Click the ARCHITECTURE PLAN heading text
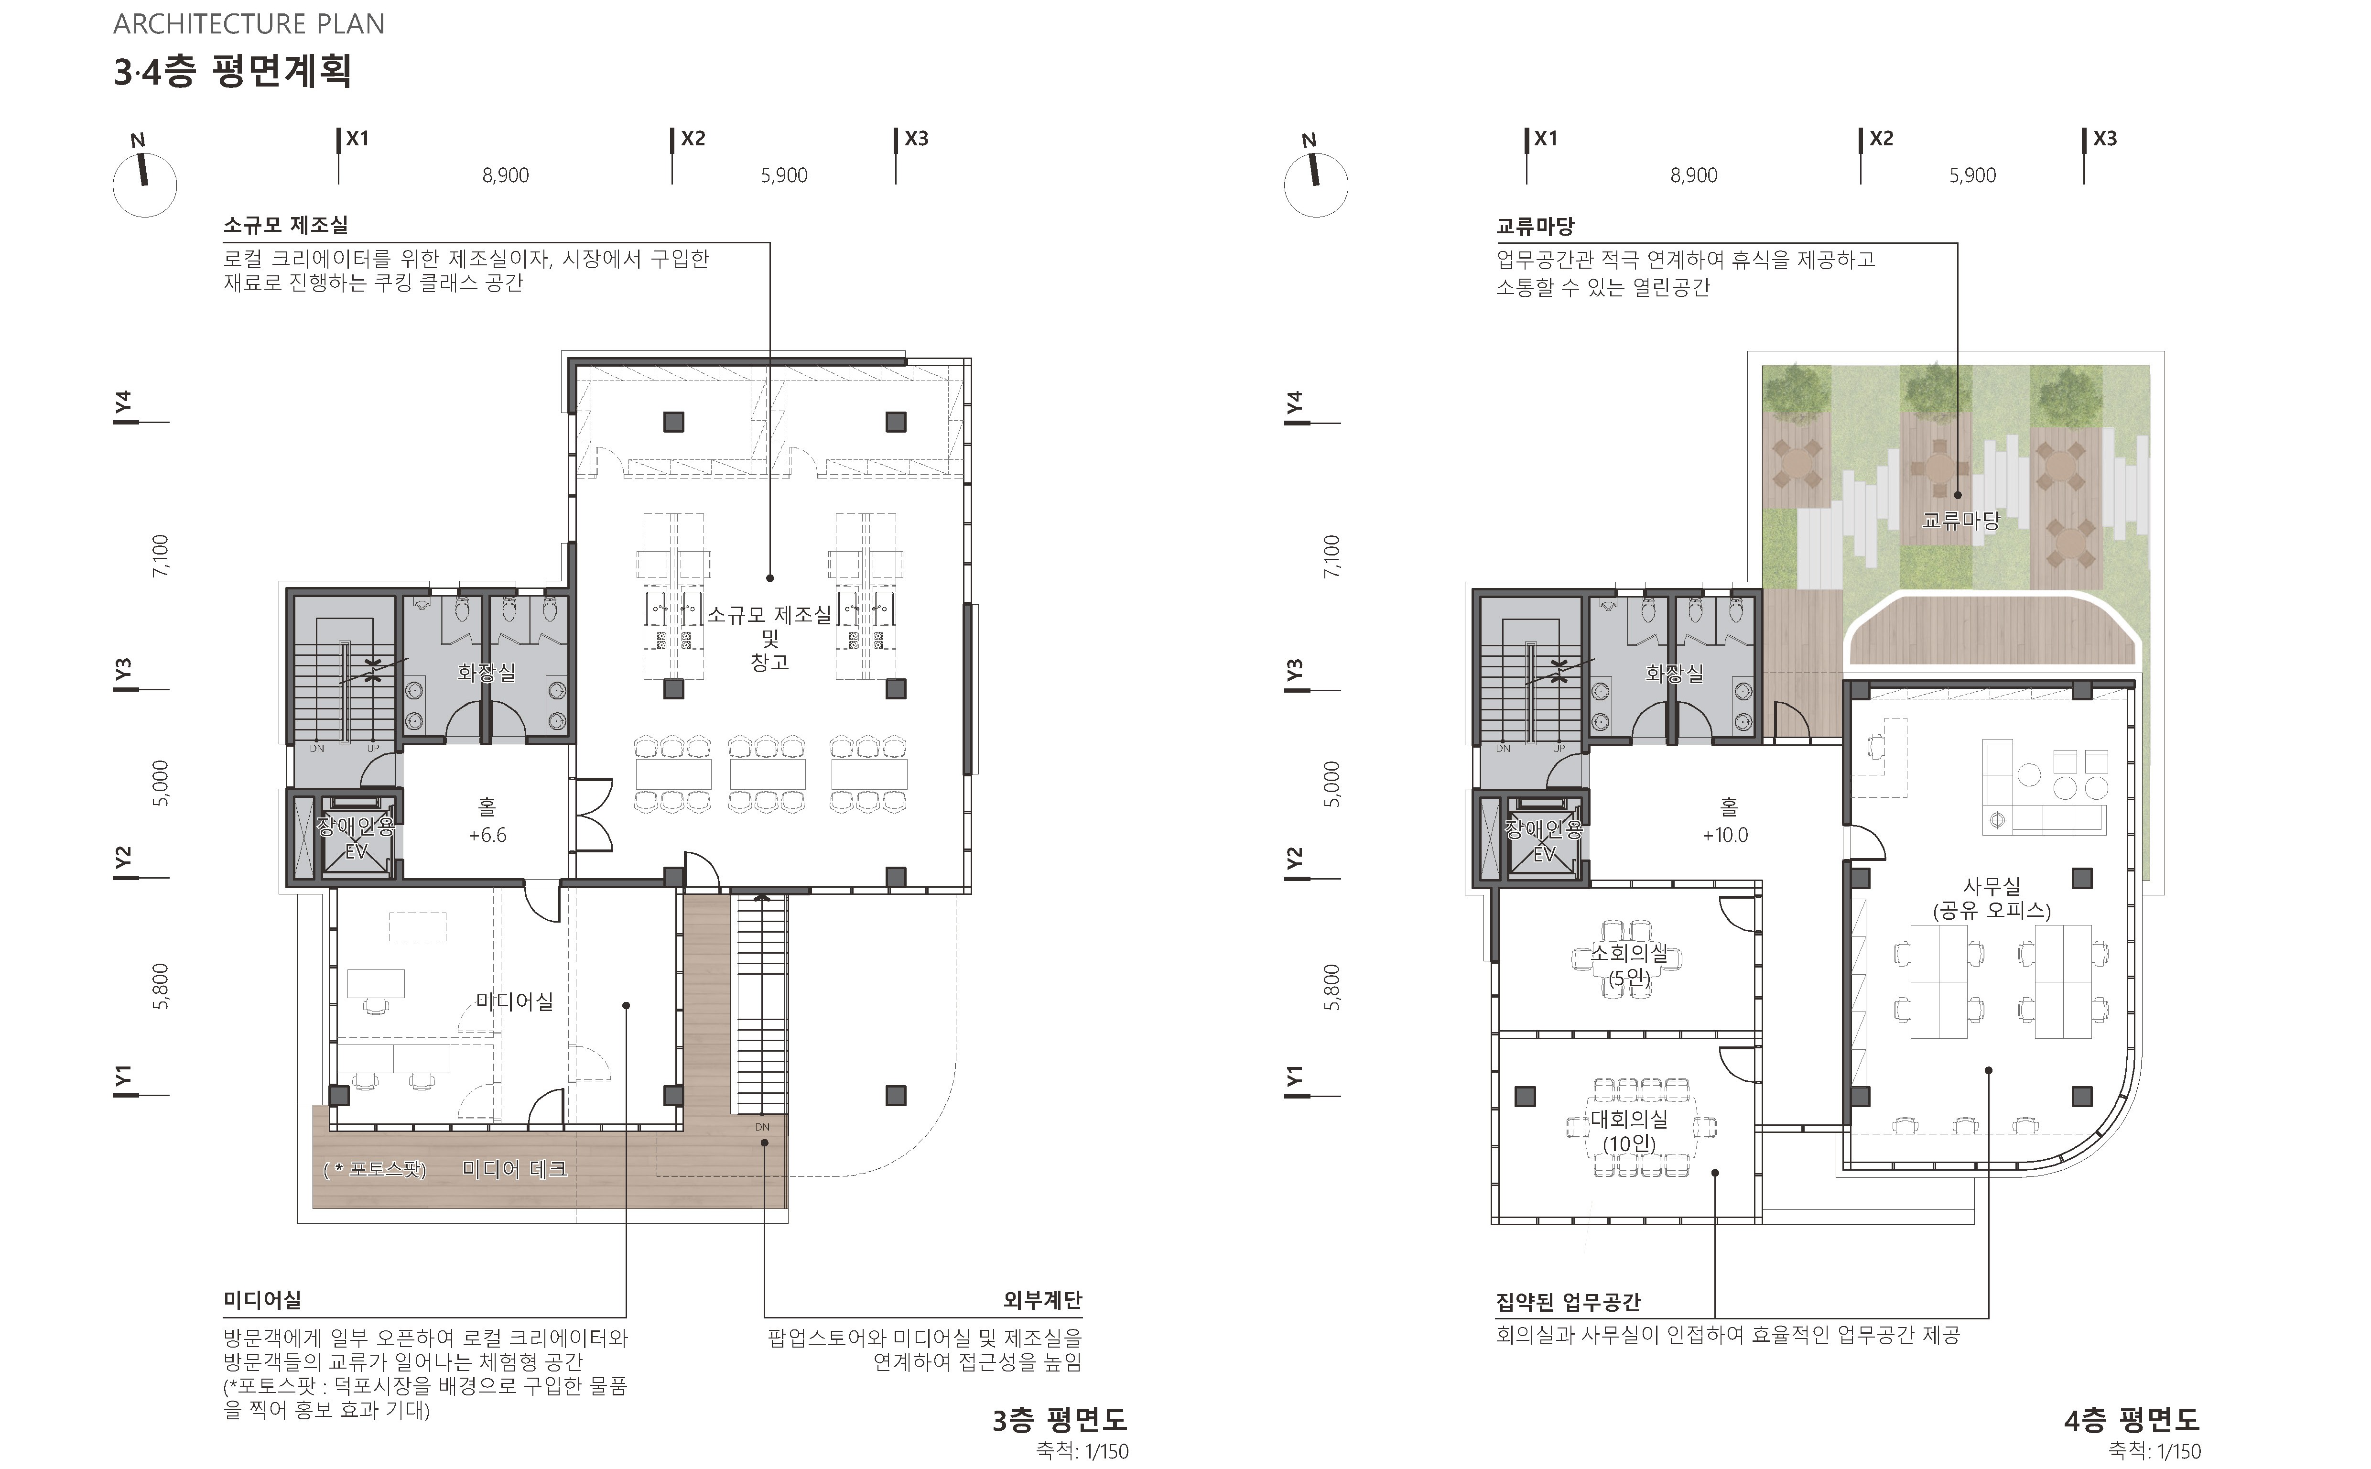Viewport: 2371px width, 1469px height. (249, 24)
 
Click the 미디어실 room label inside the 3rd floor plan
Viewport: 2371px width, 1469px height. (514, 1001)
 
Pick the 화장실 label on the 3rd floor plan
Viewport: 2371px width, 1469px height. (487, 672)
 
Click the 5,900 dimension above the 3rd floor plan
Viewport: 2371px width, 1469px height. (784, 176)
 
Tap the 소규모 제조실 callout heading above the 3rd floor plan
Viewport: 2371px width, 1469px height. (286, 226)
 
